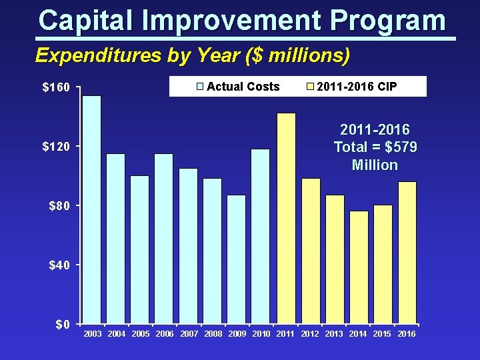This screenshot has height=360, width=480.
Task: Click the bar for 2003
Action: [x=92, y=209]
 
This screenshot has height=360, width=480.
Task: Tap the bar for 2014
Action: [x=359, y=267]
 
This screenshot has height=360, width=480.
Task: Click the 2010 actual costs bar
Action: [x=261, y=236]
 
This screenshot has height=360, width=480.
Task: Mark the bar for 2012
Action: [x=311, y=251]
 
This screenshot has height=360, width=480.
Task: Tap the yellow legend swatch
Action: [x=310, y=87]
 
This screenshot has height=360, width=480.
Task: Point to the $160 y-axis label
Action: [x=55, y=88]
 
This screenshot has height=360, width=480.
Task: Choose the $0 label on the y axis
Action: [x=63, y=325]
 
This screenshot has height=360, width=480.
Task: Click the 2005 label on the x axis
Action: [x=141, y=333]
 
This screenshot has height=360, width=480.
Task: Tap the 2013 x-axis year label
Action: [x=334, y=333]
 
